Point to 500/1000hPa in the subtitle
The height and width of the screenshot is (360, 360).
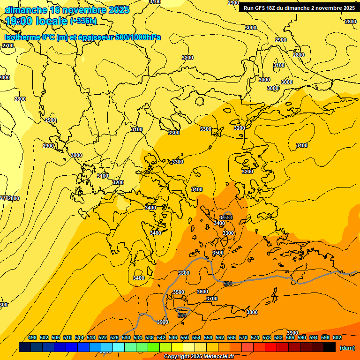pyautogui.click(x=141, y=37)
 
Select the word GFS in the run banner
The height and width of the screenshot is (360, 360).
pyautogui.click(x=261, y=7)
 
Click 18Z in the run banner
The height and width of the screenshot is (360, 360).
pyautogui.click(x=271, y=7)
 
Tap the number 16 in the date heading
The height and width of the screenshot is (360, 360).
pyautogui.click(x=54, y=10)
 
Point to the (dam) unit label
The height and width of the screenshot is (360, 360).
pyautogui.click(x=347, y=347)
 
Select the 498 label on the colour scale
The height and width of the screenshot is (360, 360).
pyautogui.click(x=32, y=337)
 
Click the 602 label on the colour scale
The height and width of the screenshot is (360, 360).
pyautogui.click(x=337, y=337)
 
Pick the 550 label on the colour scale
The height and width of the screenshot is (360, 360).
pyautogui.click(x=185, y=337)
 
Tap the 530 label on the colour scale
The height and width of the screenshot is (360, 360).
pyautogui.click(x=126, y=337)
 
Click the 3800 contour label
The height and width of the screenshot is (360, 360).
pyautogui.click(x=252, y=312)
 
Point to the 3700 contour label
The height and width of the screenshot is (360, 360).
pyautogui.click(x=212, y=299)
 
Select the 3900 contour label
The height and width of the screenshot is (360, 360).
pyautogui.click(x=292, y=333)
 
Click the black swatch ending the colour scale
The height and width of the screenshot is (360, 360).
pyautogui.click(x=329, y=347)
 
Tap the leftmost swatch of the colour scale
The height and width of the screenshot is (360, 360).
pyautogui.click(x=25, y=347)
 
